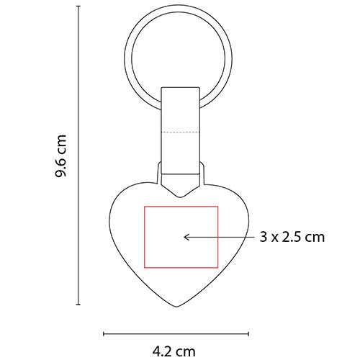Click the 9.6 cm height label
click(62, 157)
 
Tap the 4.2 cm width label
click(173, 351)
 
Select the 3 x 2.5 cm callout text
click(292, 236)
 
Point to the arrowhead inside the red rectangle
click(186, 235)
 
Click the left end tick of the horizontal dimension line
click(104, 333)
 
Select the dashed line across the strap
click(181, 133)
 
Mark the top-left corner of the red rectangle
click(145, 206)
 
